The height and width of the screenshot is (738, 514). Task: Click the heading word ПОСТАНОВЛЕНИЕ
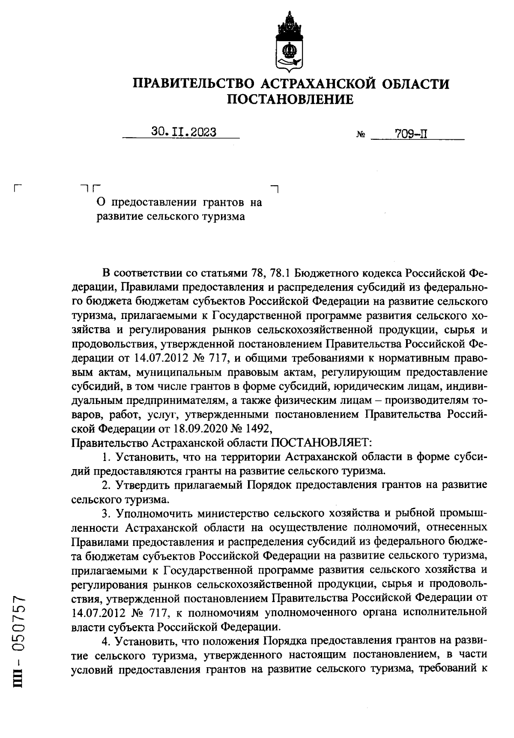pyautogui.click(x=290, y=99)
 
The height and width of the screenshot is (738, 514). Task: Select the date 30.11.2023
pyautogui.click(x=184, y=132)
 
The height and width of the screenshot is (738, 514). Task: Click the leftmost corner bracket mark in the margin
pyautogui.click(x=18, y=188)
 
